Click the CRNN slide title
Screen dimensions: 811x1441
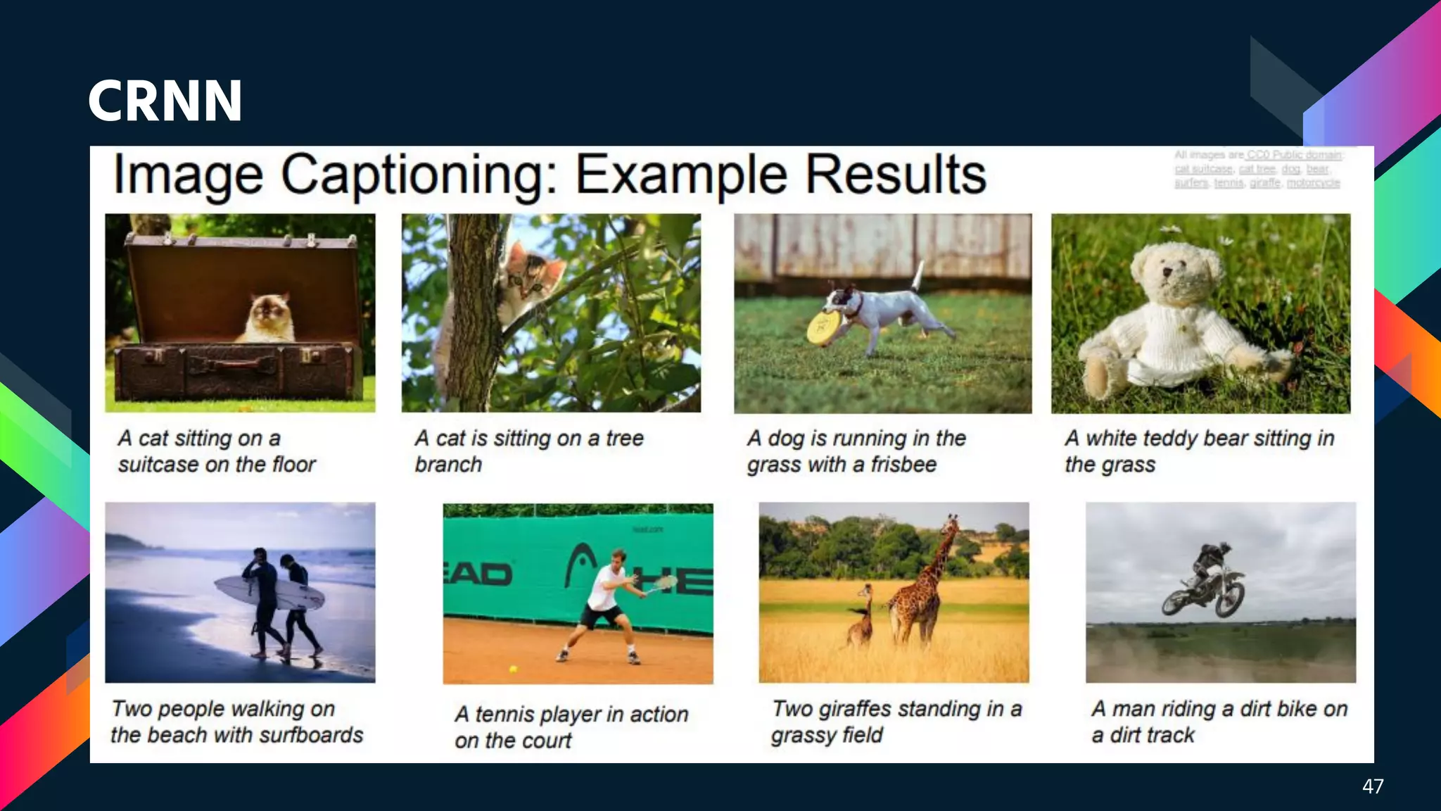[165, 101]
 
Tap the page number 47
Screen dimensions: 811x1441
[1372, 786]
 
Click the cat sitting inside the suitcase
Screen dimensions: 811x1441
[269, 318]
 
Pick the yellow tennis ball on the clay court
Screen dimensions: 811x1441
[513, 669]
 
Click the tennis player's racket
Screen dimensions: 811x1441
[662, 584]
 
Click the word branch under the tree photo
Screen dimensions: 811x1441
[448, 465]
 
